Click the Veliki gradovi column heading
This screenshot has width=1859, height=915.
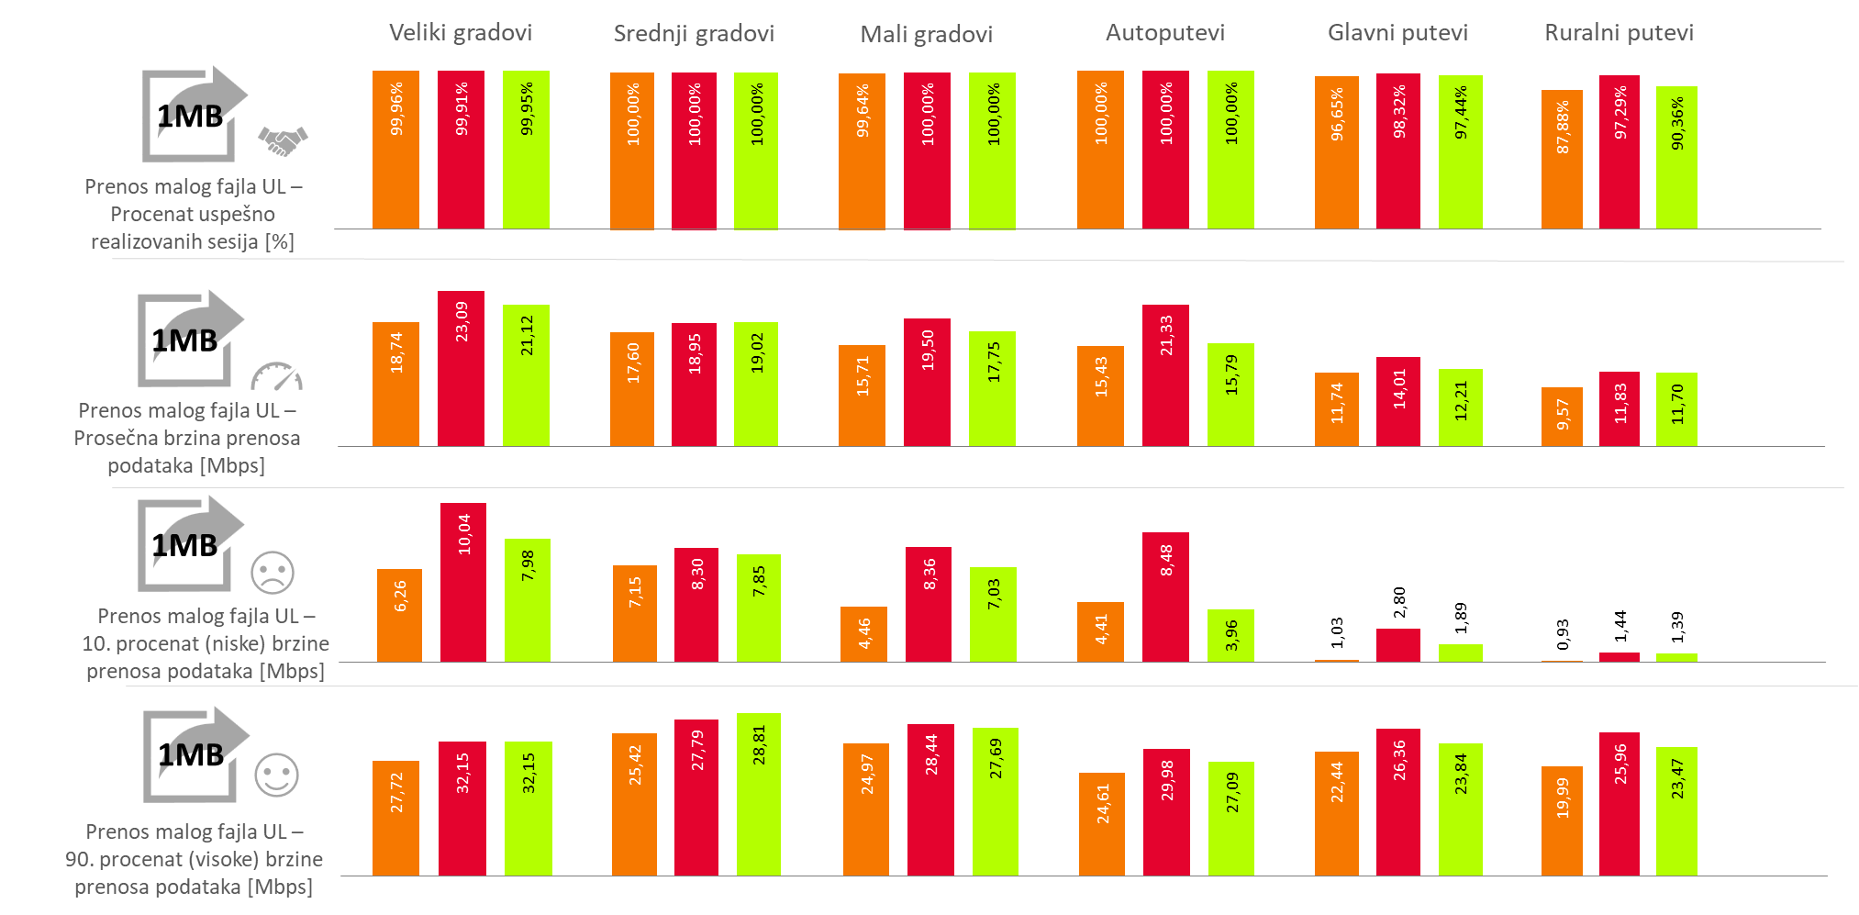point(460,33)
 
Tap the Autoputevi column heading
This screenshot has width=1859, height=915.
point(1164,33)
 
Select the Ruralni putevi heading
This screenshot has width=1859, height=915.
point(1619,33)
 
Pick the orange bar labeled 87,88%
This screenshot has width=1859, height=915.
point(1562,160)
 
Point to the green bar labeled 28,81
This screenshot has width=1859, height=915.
point(758,794)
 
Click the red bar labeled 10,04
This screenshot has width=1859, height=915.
point(462,582)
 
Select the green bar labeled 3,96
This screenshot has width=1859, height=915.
point(1230,635)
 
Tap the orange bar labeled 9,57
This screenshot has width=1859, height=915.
point(1562,417)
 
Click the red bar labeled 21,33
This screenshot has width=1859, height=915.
point(1165,375)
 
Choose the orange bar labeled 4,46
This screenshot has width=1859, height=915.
point(863,634)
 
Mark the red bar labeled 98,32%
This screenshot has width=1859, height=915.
point(1398,151)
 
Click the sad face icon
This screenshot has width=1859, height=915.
point(273,572)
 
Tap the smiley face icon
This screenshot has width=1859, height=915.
point(276,776)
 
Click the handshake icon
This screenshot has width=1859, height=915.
point(283,140)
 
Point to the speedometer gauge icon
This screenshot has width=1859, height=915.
point(276,376)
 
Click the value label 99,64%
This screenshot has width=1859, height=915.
point(863,111)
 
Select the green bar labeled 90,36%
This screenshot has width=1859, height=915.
point(1676,158)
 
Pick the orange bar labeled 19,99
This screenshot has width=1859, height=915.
point(1562,820)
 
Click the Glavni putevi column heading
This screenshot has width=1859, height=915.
point(1397,33)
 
